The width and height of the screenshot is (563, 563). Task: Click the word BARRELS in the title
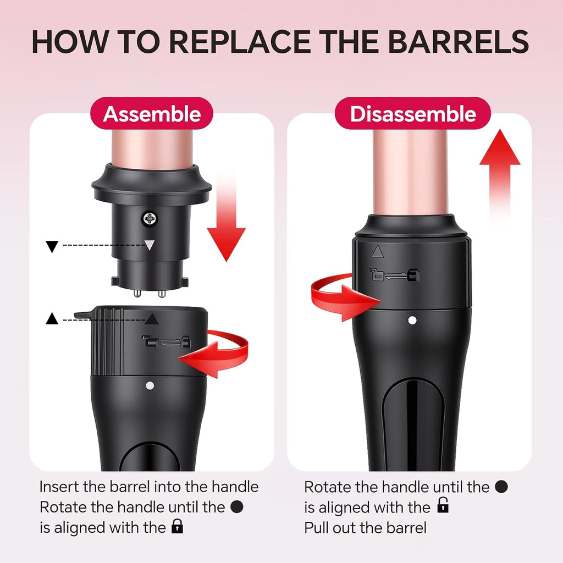458,42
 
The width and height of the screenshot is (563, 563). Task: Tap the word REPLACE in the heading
240,42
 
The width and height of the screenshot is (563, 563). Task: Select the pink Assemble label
152,113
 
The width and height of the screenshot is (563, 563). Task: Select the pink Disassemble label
413,113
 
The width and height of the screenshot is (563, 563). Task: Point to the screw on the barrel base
150,219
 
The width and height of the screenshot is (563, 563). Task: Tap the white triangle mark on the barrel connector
150,245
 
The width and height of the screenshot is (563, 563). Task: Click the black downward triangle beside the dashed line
52,246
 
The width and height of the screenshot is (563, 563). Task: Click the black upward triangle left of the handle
52,318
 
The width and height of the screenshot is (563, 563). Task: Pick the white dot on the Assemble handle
150,386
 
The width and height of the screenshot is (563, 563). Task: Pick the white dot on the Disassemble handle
412,320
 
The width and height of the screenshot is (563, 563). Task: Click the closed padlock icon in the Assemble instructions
178,526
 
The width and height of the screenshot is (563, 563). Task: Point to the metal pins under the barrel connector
150,293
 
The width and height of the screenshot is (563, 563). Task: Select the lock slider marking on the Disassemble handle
394,275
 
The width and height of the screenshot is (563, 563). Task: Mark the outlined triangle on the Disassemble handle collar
377,252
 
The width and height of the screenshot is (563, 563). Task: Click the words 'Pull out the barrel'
365,528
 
